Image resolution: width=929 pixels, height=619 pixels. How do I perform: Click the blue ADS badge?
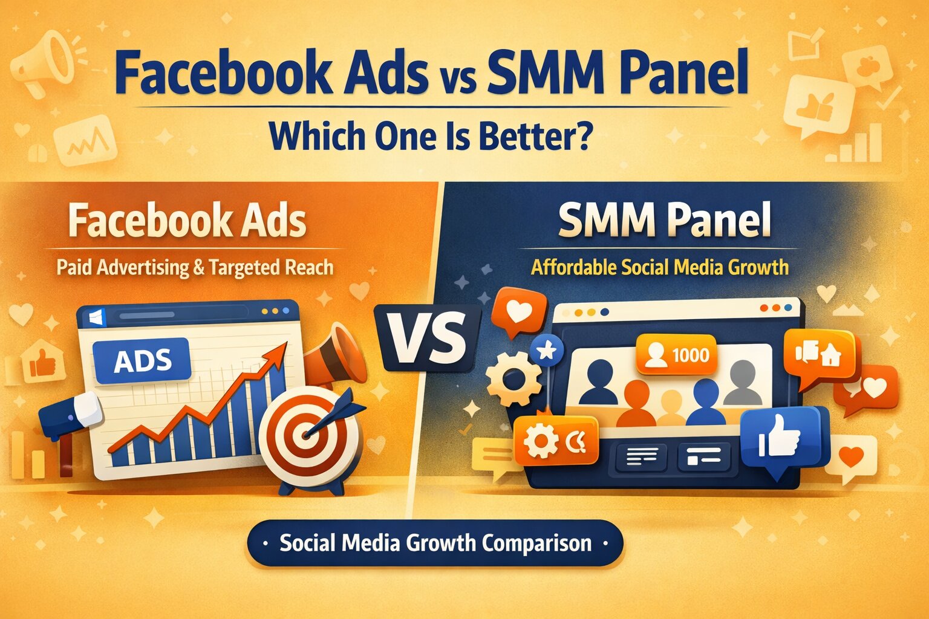(x=143, y=361)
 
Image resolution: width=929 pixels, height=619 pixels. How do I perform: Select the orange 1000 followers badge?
(x=677, y=354)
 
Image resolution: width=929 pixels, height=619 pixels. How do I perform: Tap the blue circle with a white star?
(x=547, y=350)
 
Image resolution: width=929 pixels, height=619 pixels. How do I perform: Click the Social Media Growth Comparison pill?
(x=435, y=543)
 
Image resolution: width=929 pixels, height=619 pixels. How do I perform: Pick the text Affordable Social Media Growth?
(x=659, y=267)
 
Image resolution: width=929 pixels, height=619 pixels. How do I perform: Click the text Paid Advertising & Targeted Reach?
(x=195, y=267)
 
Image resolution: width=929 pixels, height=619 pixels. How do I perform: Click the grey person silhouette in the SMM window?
(x=743, y=383)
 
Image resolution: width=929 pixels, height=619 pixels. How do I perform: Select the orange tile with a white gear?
(x=555, y=441)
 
